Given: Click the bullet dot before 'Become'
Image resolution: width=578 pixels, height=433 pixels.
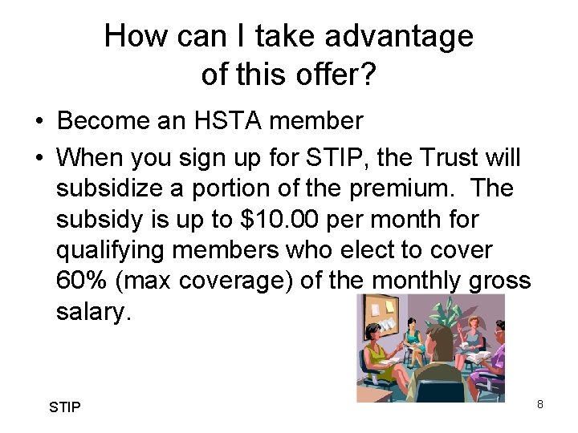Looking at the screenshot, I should coord(39,122).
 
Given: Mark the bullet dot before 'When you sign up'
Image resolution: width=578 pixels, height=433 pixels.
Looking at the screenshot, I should coord(39,157).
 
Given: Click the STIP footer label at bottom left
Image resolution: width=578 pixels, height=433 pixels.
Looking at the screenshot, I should coord(64,407).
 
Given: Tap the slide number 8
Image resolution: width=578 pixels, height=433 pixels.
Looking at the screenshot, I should coord(540,404).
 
